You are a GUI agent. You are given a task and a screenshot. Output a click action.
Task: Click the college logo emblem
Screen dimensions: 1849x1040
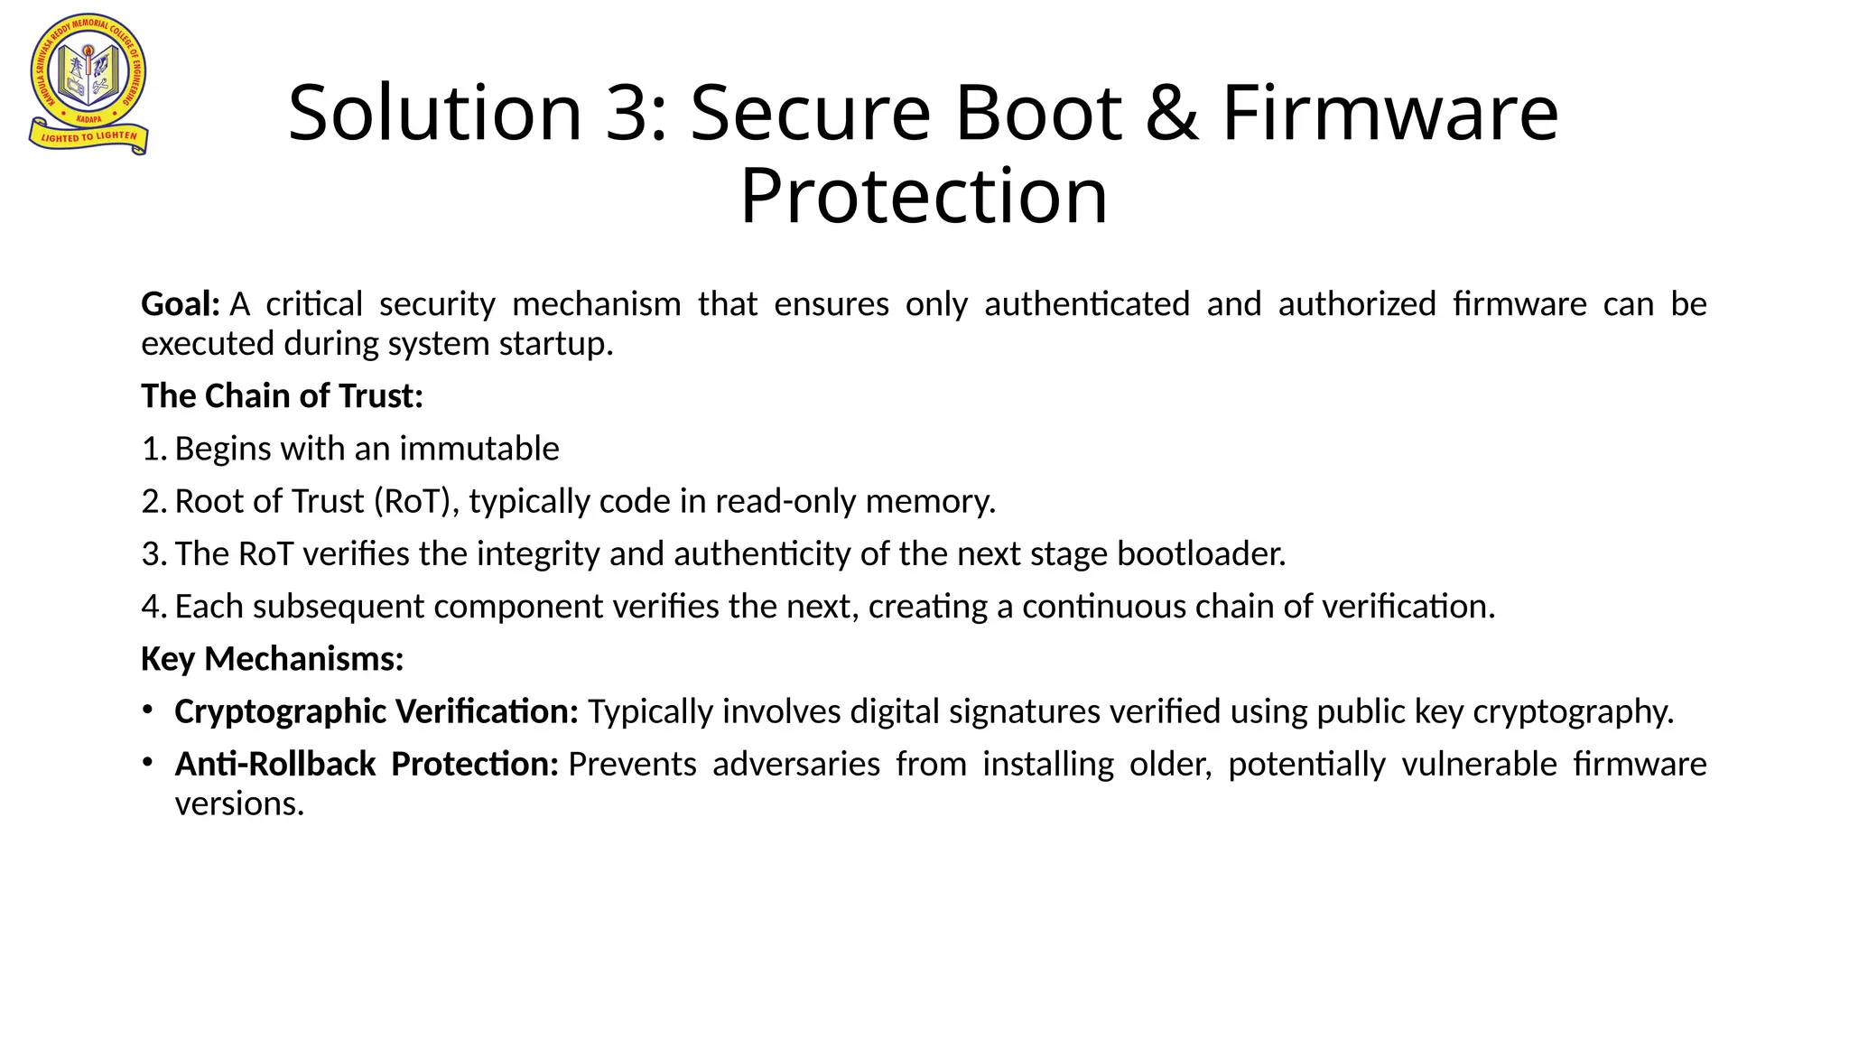[88, 83]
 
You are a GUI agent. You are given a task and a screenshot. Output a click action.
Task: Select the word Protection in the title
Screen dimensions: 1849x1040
[923, 196]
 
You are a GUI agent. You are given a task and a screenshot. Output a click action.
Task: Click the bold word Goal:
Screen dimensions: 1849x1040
[181, 304]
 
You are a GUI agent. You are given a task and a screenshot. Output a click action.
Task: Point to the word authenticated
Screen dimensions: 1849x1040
[1086, 304]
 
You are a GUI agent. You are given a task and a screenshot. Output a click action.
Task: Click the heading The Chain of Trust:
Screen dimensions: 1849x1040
[282, 395]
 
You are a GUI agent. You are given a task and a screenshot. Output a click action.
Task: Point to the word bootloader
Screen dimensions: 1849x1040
[1201, 553]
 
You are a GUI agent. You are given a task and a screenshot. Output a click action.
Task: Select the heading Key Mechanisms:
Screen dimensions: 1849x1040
[272, 659]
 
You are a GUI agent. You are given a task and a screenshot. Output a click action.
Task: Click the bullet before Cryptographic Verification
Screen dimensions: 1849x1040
[146, 710]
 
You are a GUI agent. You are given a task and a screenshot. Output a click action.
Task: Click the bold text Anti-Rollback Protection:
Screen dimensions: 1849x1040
[367, 765]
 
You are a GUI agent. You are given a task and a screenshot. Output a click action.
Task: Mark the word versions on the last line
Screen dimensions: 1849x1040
[238, 803]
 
